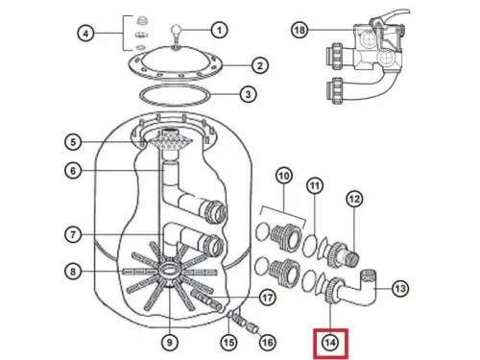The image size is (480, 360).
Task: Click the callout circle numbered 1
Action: pos(219,30)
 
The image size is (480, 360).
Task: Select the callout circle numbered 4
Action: pos(85,33)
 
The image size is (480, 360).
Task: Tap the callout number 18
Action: pos(300,30)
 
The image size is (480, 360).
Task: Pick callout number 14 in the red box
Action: pos(330,343)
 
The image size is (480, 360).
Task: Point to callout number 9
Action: pos(170,343)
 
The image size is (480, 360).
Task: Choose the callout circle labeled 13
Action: pos(400,289)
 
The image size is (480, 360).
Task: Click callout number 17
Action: pos(267,298)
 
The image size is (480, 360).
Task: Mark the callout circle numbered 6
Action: pos(73,171)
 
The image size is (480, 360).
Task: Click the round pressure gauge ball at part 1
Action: pos(176,30)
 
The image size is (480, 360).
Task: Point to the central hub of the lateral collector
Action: pos(168,268)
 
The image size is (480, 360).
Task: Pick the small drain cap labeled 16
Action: pos(252,327)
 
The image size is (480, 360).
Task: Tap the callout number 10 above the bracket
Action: pos(284,176)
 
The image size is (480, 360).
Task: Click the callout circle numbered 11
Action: pos(315,185)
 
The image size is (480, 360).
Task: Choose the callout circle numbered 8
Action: pos(73,272)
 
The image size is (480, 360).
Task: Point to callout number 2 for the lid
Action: pos(260,65)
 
